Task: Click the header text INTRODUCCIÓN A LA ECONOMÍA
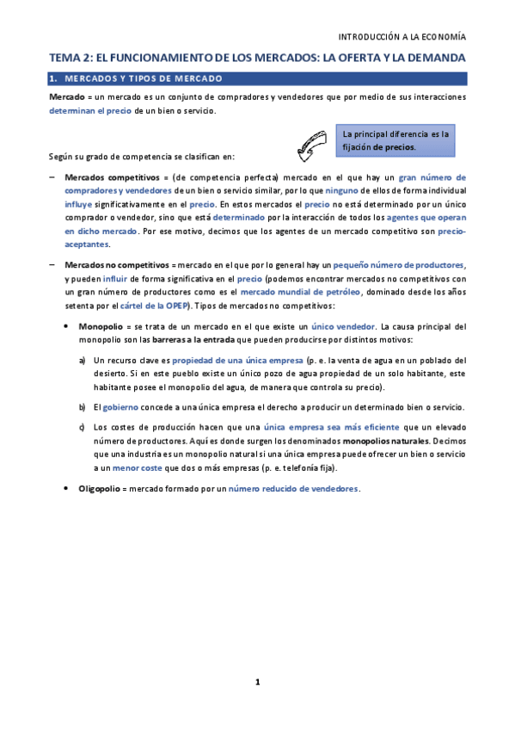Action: (402, 37)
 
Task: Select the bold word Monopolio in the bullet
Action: (101, 327)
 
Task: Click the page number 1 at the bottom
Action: (256, 682)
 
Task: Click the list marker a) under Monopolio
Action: (82, 360)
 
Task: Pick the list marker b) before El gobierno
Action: (82, 406)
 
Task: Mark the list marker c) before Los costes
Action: (82, 427)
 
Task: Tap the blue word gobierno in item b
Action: (126, 406)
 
